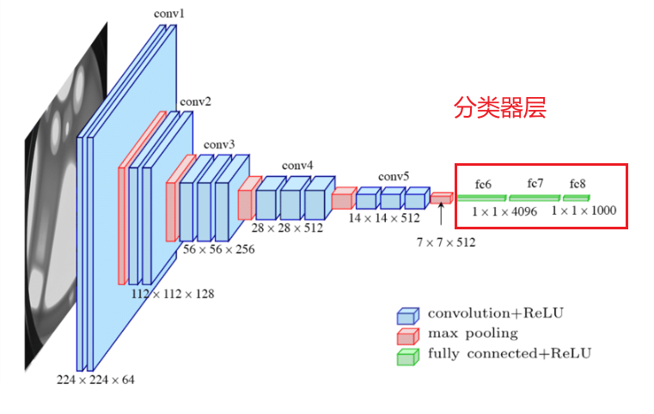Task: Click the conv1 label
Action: tap(169, 15)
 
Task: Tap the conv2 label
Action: tap(195, 102)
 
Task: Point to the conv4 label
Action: tap(297, 165)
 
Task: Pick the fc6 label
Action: tap(483, 185)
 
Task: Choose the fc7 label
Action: tap(535, 184)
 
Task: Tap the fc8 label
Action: tap(576, 184)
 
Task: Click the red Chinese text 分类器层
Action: tap(500, 110)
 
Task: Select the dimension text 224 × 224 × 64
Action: tap(95, 379)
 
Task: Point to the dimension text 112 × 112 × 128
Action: tap(172, 294)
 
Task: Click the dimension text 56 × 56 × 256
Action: tap(218, 248)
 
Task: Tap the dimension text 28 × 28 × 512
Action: tap(287, 228)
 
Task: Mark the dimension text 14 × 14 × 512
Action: tap(383, 218)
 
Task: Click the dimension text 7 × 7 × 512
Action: tap(445, 242)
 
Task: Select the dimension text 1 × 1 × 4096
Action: tap(504, 210)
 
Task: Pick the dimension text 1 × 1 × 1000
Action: tap(584, 210)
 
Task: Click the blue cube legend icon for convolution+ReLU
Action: tap(407, 315)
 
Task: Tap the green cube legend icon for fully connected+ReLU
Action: tap(407, 356)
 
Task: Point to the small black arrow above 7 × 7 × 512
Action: tap(441, 223)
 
